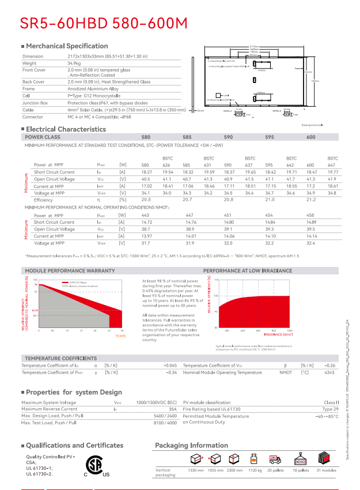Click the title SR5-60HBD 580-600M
(104, 23)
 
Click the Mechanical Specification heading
(67, 46)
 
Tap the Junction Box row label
(35, 102)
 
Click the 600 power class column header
(311, 137)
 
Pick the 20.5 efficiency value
(146, 199)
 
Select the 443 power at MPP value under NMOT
(145, 215)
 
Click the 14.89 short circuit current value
(312, 222)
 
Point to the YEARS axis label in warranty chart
(120, 336)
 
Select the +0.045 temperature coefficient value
(170, 365)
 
